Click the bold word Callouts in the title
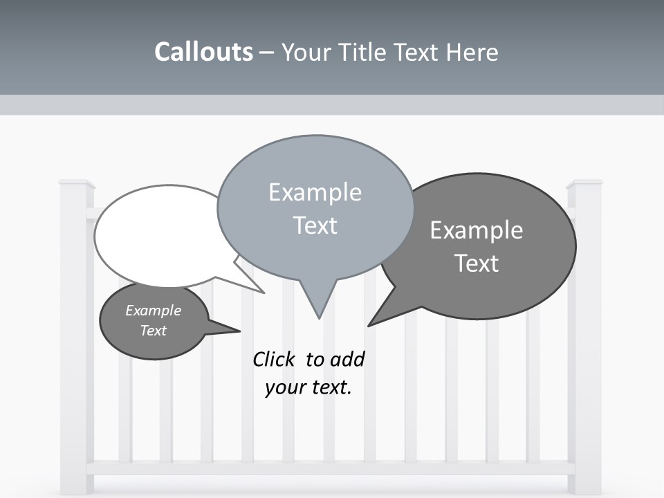pyautogui.click(x=203, y=52)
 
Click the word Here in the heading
pyautogui.click(x=471, y=52)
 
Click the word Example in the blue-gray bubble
pyautogui.click(x=315, y=192)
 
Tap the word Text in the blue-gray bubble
pyautogui.click(x=315, y=225)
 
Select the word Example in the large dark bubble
pyautogui.click(x=477, y=230)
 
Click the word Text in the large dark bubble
pyautogui.click(x=477, y=264)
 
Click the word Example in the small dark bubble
pyautogui.click(x=153, y=311)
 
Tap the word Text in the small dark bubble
pyautogui.click(x=153, y=331)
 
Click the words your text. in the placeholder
pyautogui.click(x=308, y=387)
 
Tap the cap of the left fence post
pyautogui.click(x=77, y=184)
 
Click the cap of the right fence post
pyautogui.click(x=584, y=184)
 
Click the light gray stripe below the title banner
pyautogui.click(x=332, y=105)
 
